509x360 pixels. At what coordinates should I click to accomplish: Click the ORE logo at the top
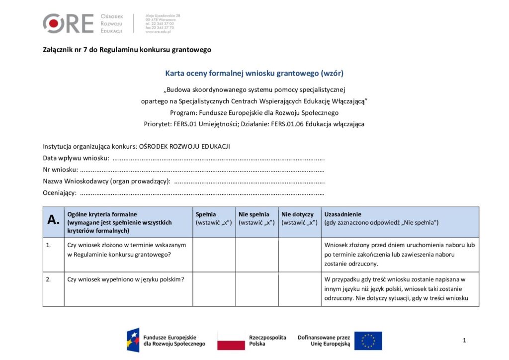click(68, 23)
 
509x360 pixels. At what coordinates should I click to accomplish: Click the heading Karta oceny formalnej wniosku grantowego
click(254, 73)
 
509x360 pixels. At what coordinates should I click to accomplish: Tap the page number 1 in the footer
click(464, 340)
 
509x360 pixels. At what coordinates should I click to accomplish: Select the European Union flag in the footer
click(368, 341)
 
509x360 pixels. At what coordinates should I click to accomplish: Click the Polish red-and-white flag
click(231, 341)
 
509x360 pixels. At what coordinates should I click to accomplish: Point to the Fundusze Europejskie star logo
click(133, 340)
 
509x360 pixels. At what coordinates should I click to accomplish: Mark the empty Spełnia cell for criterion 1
click(214, 254)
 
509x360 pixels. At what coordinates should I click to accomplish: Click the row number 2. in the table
click(48, 279)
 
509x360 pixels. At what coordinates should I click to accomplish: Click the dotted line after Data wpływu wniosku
click(219, 159)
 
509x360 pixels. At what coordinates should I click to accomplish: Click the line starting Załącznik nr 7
click(127, 50)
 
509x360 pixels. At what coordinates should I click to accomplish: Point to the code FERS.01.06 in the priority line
click(287, 124)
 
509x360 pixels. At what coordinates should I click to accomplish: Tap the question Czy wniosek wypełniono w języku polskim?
click(126, 279)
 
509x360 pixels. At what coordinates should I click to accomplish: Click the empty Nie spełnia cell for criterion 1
click(256, 254)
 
